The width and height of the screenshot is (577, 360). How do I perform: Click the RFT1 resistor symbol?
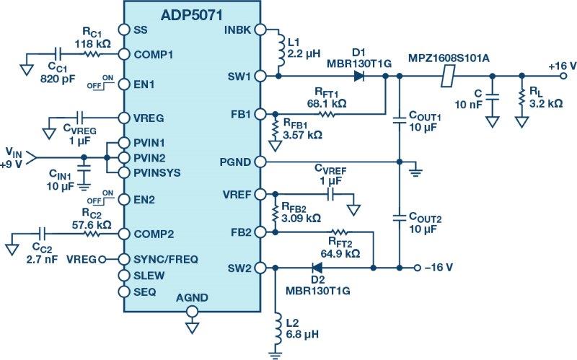tap(328, 114)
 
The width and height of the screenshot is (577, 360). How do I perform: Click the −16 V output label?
tap(439, 268)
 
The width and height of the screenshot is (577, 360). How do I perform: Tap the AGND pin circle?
tap(192, 312)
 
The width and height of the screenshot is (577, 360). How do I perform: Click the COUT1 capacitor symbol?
tap(399, 123)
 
